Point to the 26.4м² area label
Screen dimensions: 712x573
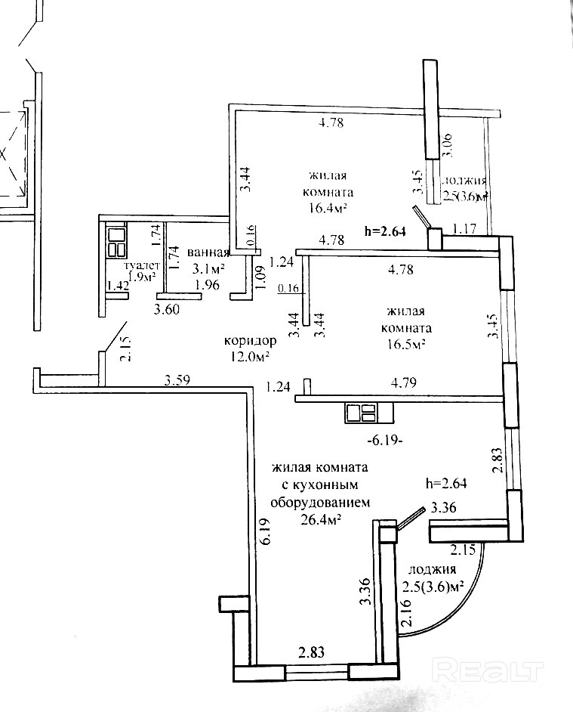point(320,519)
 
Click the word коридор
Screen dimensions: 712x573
point(245,340)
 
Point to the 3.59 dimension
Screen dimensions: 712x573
point(178,382)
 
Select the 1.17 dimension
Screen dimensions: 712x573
point(465,228)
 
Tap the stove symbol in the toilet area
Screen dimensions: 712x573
point(117,242)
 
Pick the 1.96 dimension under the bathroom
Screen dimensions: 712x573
point(207,285)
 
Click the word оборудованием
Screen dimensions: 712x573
point(319,502)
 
